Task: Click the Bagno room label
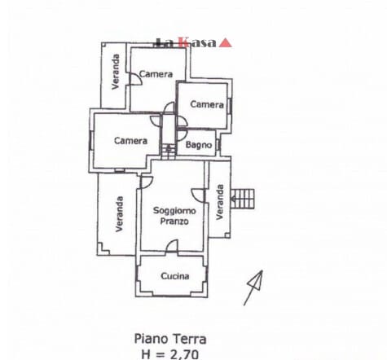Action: pyautogui.click(x=199, y=145)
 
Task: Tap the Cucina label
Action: pyautogui.click(x=175, y=276)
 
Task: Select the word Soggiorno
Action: pyautogui.click(x=174, y=211)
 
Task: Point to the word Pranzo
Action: pyautogui.click(x=174, y=221)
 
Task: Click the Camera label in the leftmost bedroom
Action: pyautogui.click(x=130, y=141)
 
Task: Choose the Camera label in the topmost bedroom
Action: pyautogui.click(x=156, y=74)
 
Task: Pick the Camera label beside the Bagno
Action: pyautogui.click(x=207, y=104)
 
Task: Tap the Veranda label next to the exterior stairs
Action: pyautogui.click(x=220, y=202)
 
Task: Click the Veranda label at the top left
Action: pyautogui.click(x=116, y=72)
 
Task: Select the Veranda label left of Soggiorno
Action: pyautogui.click(x=119, y=214)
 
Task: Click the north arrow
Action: pyautogui.click(x=253, y=288)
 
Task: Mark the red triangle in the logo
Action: pyautogui.click(x=225, y=43)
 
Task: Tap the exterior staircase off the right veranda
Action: pyautogui.click(x=242, y=199)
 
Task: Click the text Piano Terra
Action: pyautogui.click(x=170, y=340)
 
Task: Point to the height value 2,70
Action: pyautogui.click(x=184, y=354)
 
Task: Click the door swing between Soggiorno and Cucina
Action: pyautogui.click(x=172, y=246)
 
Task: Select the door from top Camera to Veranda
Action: pyautogui.click(x=135, y=80)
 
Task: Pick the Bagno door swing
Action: pyautogui.click(x=182, y=136)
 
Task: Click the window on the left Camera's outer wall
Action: pyautogui.click(x=90, y=140)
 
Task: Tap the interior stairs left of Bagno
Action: pyautogui.click(x=169, y=152)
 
